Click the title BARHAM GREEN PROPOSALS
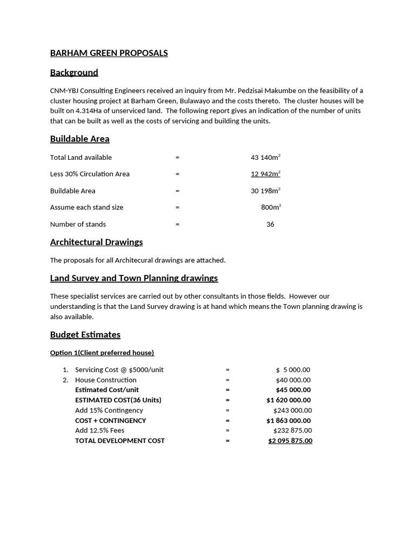point(109,53)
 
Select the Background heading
point(74,72)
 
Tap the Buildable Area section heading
point(79,139)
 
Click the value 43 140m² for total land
point(265,157)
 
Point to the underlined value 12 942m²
point(265,174)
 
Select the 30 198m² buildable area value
point(265,191)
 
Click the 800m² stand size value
point(270,207)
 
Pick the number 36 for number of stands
point(270,224)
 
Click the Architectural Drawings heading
point(96,242)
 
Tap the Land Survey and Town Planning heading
point(134,278)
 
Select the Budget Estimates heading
point(85,335)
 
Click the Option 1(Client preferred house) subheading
point(102,353)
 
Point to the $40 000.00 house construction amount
point(293,380)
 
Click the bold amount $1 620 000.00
point(289,400)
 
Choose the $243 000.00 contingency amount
point(292,410)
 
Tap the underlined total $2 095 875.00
point(290,441)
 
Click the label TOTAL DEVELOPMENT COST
point(119,441)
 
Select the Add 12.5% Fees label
point(99,430)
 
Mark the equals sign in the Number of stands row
point(177,224)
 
